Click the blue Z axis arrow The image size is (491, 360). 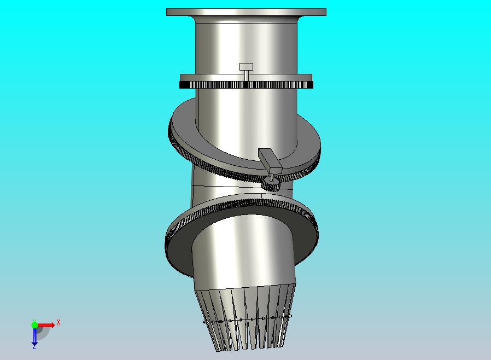click(x=34, y=336)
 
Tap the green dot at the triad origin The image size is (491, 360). click(x=34, y=325)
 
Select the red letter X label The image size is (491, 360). click(x=59, y=322)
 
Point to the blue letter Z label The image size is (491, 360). click(x=34, y=347)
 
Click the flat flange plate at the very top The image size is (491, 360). click(x=246, y=12)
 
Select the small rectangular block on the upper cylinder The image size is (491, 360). click(x=246, y=67)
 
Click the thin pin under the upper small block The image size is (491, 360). click(x=247, y=76)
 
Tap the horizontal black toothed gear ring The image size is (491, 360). click(x=246, y=85)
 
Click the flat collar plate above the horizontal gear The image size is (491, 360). click(x=246, y=77)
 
